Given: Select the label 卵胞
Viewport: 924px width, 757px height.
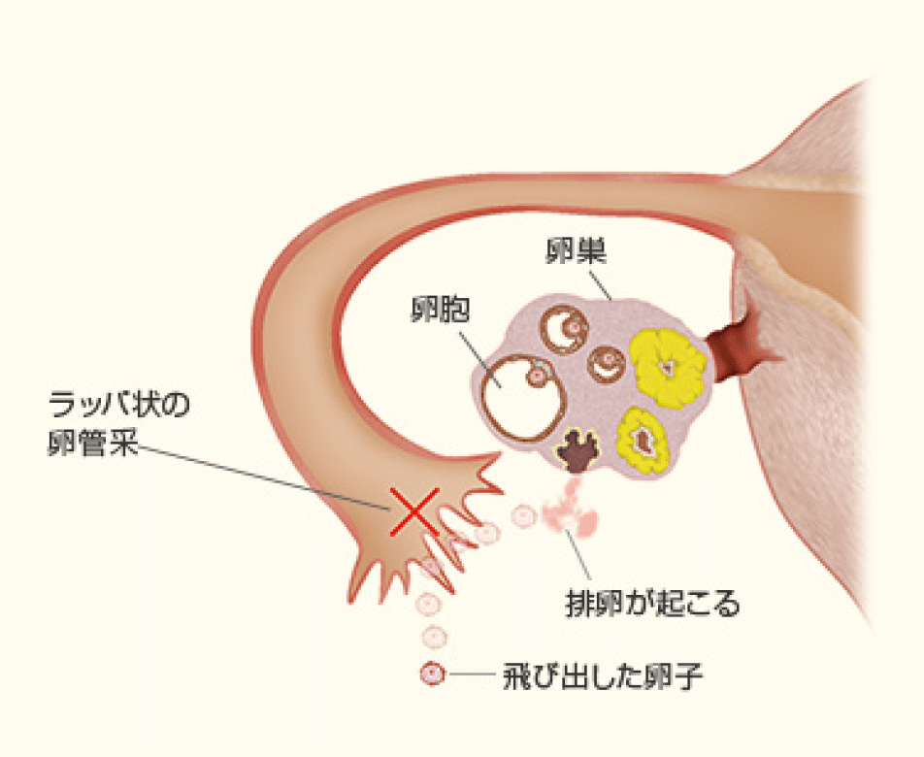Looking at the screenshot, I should pos(439,310).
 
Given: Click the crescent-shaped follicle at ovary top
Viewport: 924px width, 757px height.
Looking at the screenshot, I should pos(564,328).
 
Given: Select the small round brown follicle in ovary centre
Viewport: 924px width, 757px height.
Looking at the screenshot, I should pos(610,364).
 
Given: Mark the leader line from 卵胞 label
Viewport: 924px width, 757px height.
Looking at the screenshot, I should pos(477,353).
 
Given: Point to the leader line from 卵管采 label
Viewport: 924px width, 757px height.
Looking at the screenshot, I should pos(262,476).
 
